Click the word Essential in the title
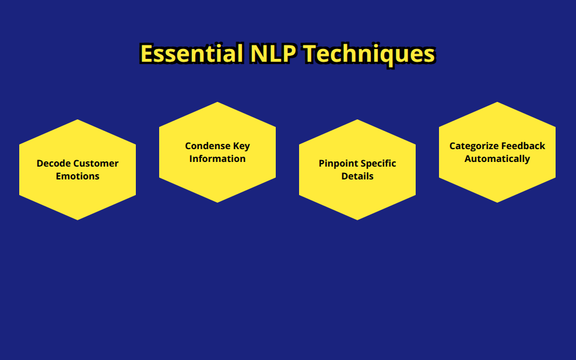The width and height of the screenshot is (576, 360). (x=192, y=54)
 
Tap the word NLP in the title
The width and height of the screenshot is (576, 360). (x=273, y=54)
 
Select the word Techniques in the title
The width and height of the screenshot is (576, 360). (x=370, y=54)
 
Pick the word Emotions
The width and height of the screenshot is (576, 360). (x=78, y=176)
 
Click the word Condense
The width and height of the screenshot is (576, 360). (x=208, y=146)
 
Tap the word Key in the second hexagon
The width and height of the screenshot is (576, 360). (x=241, y=146)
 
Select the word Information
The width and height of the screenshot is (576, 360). (x=217, y=158)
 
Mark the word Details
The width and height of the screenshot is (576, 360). (x=357, y=176)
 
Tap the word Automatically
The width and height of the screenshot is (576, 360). (x=497, y=159)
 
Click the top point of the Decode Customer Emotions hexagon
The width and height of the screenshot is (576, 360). (x=78, y=119)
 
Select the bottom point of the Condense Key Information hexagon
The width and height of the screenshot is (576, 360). (x=217, y=203)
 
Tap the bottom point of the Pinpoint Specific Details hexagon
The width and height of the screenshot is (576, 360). (x=357, y=220)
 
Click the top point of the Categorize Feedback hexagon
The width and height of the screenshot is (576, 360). (x=497, y=102)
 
